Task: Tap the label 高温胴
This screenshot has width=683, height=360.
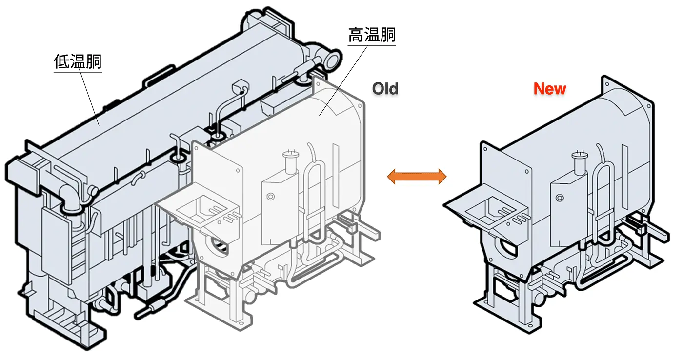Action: pyautogui.click(x=372, y=36)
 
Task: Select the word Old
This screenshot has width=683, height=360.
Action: pyautogui.click(x=385, y=89)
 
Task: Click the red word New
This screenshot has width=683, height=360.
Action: pyautogui.click(x=550, y=89)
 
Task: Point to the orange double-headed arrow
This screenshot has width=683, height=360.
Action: pyautogui.click(x=417, y=176)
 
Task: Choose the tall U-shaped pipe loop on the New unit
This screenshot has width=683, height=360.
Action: pyautogui.click(x=603, y=195)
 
